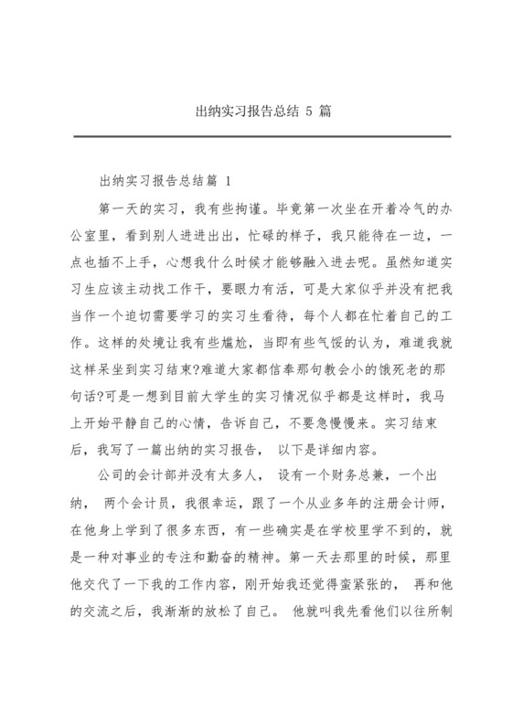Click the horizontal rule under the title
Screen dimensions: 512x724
(255, 137)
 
